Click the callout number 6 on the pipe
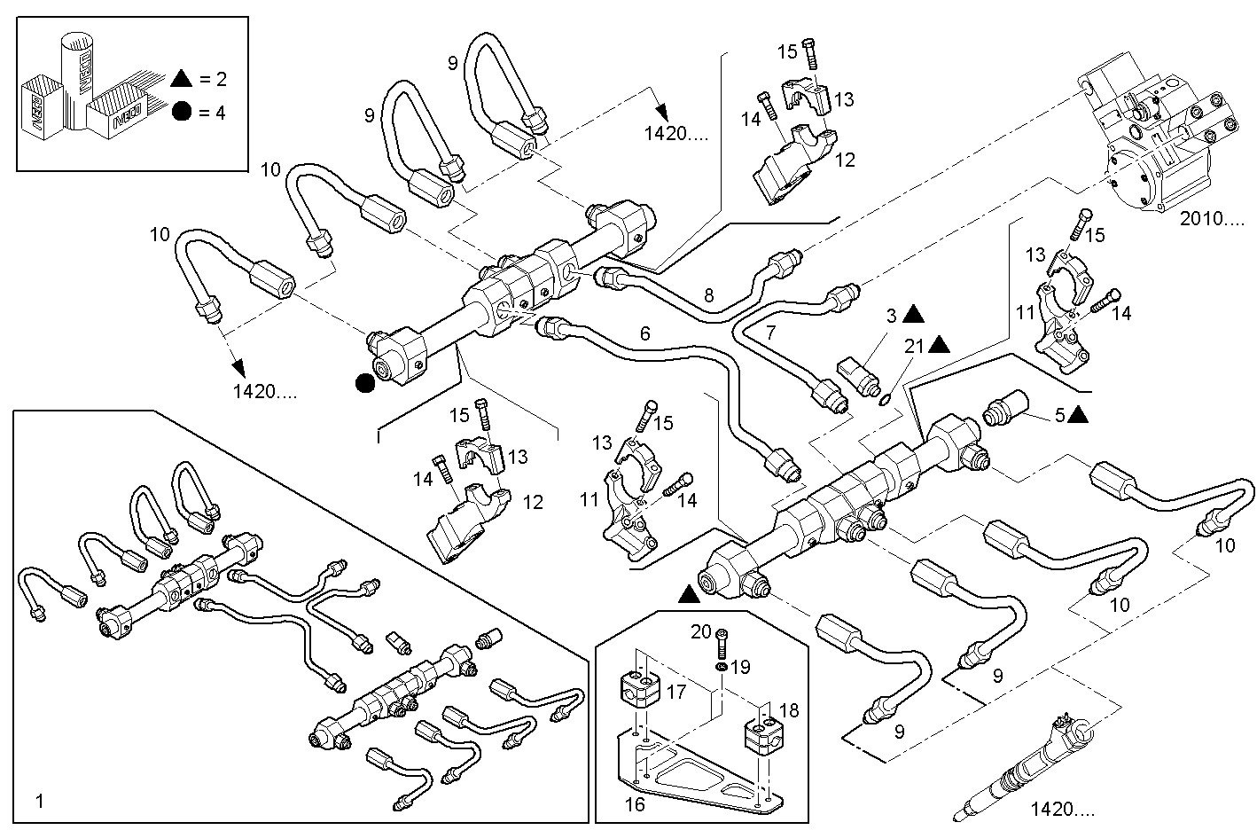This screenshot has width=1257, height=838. [x=644, y=333]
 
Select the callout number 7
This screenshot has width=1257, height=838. [x=770, y=333]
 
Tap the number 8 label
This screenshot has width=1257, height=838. [x=708, y=296]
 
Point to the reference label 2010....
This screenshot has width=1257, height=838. [x=1211, y=219]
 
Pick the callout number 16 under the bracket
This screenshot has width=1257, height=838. [x=636, y=804]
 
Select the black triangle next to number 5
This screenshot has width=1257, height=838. [x=1080, y=414]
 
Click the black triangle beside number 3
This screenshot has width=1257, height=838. [x=916, y=314]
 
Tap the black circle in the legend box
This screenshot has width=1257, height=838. [x=182, y=112]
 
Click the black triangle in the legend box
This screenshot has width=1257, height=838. [x=182, y=78]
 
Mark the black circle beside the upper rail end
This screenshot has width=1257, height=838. [x=363, y=383]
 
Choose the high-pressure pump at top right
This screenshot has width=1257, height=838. [x=1148, y=142]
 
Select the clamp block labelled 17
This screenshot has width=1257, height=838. [x=637, y=689]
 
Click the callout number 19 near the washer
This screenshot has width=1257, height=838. [x=740, y=666]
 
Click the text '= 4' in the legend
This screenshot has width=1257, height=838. [x=213, y=112]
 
